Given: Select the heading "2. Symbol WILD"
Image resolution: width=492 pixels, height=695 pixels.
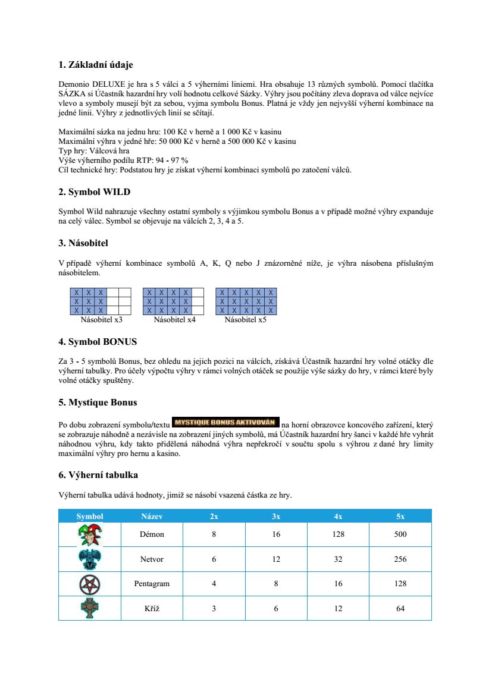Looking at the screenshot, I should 94,192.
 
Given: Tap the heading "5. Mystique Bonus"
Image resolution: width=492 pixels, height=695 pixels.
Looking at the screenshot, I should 98,402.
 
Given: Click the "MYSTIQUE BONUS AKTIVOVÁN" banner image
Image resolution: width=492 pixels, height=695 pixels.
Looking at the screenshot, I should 225,423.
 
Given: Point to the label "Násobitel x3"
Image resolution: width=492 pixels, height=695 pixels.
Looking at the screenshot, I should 102,320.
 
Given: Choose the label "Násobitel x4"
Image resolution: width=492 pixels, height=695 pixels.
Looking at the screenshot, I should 174,320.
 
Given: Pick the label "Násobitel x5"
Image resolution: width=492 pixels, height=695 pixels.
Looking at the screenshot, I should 246,320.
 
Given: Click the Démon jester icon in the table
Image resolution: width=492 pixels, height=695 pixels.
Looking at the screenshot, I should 90,534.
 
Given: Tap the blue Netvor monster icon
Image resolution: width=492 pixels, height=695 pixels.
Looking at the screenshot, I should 90,559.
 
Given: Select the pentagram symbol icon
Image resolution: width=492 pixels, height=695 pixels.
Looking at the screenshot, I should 90,584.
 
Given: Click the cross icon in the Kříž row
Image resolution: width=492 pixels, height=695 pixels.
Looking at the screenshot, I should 90,608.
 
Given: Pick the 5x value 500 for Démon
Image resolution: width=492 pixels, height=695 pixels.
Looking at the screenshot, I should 400,534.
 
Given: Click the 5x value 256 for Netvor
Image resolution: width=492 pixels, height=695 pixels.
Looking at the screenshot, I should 400,559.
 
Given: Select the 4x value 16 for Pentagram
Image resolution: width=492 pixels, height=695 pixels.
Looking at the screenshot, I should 338,584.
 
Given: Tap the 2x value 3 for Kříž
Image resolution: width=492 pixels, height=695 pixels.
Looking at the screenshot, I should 214,608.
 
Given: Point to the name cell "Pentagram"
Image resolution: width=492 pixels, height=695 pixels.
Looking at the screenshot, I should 152,584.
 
